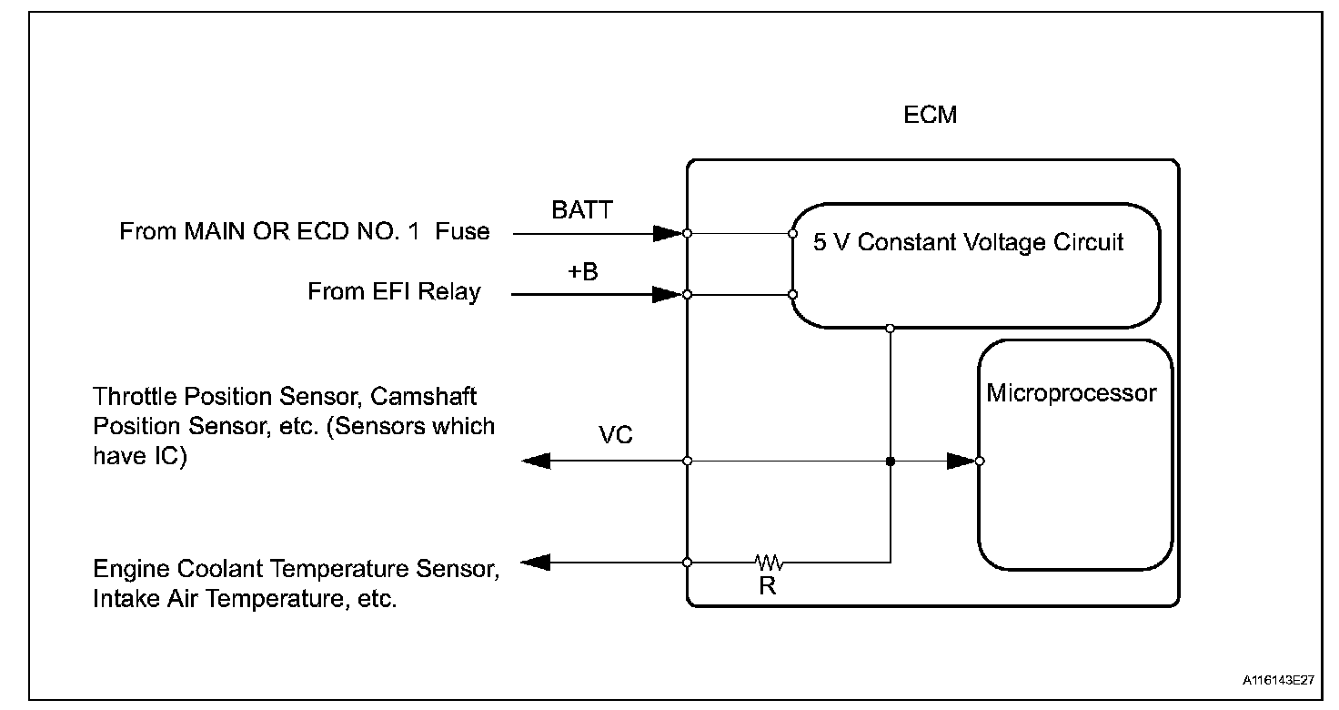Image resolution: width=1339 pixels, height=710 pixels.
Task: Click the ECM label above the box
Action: [x=931, y=117]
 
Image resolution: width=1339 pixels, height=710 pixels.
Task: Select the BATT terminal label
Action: [x=582, y=210]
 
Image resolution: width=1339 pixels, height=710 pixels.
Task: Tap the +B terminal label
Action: [x=583, y=271]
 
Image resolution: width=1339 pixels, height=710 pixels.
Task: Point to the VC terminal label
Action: [x=616, y=435]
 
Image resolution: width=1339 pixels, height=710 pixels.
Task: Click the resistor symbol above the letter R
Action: [x=768, y=562]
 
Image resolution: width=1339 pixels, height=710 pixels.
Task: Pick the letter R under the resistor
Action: [x=768, y=586]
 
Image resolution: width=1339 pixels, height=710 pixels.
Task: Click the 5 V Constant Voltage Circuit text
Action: [x=968, y=243]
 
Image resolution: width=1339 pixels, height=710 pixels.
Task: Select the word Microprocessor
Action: [x=1072, y=393]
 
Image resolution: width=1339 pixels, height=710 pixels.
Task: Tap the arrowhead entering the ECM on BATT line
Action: [x=669, y=234]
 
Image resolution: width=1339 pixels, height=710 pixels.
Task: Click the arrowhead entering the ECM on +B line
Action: [x=669, y=295]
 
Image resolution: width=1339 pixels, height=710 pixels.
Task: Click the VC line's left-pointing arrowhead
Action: [x=537, y=461]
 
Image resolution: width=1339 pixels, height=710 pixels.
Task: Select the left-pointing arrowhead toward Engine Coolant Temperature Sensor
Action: [x=537, y=563]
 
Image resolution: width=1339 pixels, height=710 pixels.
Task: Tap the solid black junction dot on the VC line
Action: [x=890, y=461]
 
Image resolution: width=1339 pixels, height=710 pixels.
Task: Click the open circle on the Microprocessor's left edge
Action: [x=979, y=461]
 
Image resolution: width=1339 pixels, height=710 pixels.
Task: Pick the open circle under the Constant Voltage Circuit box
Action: [x=890, y=328]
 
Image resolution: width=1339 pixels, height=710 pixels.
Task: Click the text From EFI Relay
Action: [x=394, y=292]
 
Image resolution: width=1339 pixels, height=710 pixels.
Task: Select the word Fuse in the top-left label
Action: [x=462, y=231]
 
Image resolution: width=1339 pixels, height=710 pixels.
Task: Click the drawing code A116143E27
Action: [x=1279, y=680]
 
